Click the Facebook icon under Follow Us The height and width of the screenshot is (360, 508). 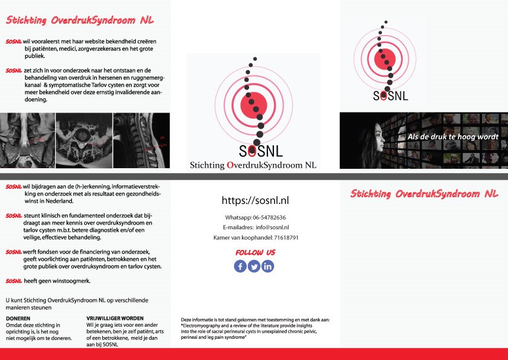coord(240,266)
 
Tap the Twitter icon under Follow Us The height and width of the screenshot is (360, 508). coord(254,266)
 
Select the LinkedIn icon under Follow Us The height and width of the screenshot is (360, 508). coord(268,266)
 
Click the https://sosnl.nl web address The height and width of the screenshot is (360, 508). coord(255,201)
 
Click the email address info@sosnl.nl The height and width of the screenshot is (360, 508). coord(272,227)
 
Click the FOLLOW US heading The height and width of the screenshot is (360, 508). coord(255,252)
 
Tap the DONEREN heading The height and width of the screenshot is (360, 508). coord(18,318)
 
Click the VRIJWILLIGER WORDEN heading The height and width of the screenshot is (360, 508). coord(115,318)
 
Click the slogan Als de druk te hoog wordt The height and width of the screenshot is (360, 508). coord(453,137)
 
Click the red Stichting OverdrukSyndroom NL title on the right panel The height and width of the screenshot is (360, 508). coord(424,194)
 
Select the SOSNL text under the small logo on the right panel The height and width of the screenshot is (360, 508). coord(390,96)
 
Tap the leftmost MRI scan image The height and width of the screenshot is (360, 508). coord(27,141)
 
